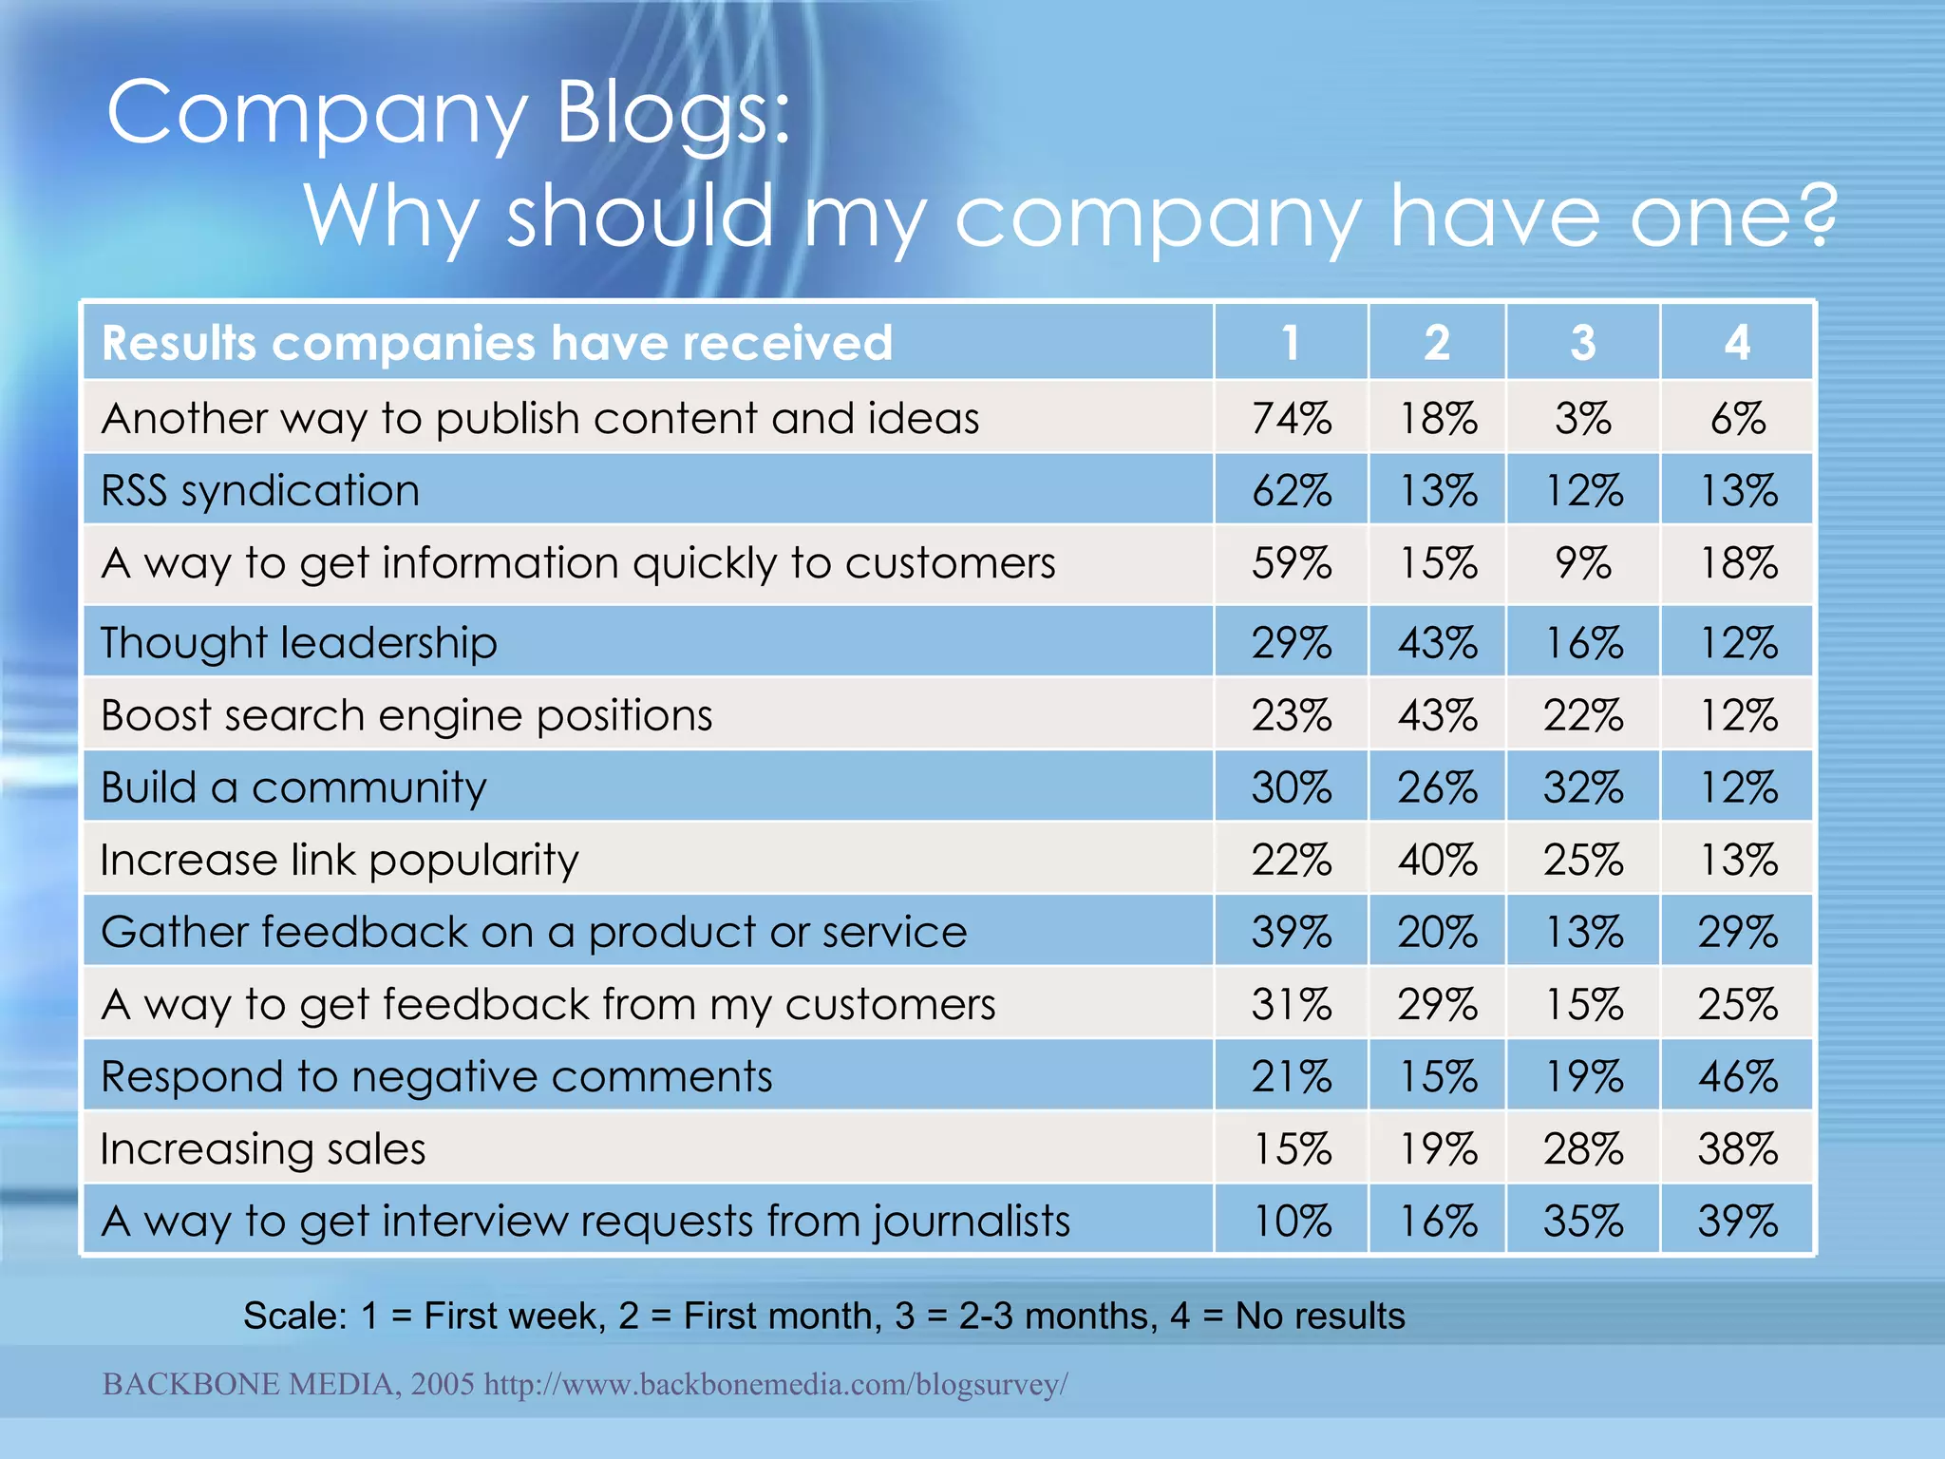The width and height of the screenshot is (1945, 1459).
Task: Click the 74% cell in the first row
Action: coord(1292,419)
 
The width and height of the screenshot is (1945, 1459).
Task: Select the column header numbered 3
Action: coord(1582,343)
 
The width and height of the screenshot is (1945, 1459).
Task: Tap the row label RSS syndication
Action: coord(260,491)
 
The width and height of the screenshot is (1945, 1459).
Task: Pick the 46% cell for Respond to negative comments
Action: coord(1737,1077)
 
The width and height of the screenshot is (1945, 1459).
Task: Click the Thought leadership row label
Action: coord(299,643)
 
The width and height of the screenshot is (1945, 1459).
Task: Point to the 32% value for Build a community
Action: coord(1582,788)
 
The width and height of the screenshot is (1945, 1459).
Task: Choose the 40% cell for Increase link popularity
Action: coord(1437,861)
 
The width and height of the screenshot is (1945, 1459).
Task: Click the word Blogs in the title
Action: coord(672,114)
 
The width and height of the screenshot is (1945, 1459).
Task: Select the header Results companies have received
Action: coord(497,343)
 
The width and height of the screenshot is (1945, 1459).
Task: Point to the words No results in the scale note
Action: coord(1319,1317)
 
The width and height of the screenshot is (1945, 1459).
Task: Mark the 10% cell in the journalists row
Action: coord(1292,1222)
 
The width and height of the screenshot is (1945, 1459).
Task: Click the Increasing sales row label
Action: coord(263,1149)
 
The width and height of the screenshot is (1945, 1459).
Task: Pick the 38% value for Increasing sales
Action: coord(1737,1149)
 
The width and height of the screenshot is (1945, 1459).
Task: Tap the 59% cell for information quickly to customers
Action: coord(1292,563)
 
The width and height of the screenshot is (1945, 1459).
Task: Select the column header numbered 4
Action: coord(1737,343)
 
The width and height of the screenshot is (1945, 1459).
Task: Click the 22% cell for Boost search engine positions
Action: coord(1582,715)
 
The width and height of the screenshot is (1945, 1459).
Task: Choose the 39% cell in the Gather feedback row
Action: coord(1292,933)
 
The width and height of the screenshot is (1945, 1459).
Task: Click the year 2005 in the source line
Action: coord(443,1384)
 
